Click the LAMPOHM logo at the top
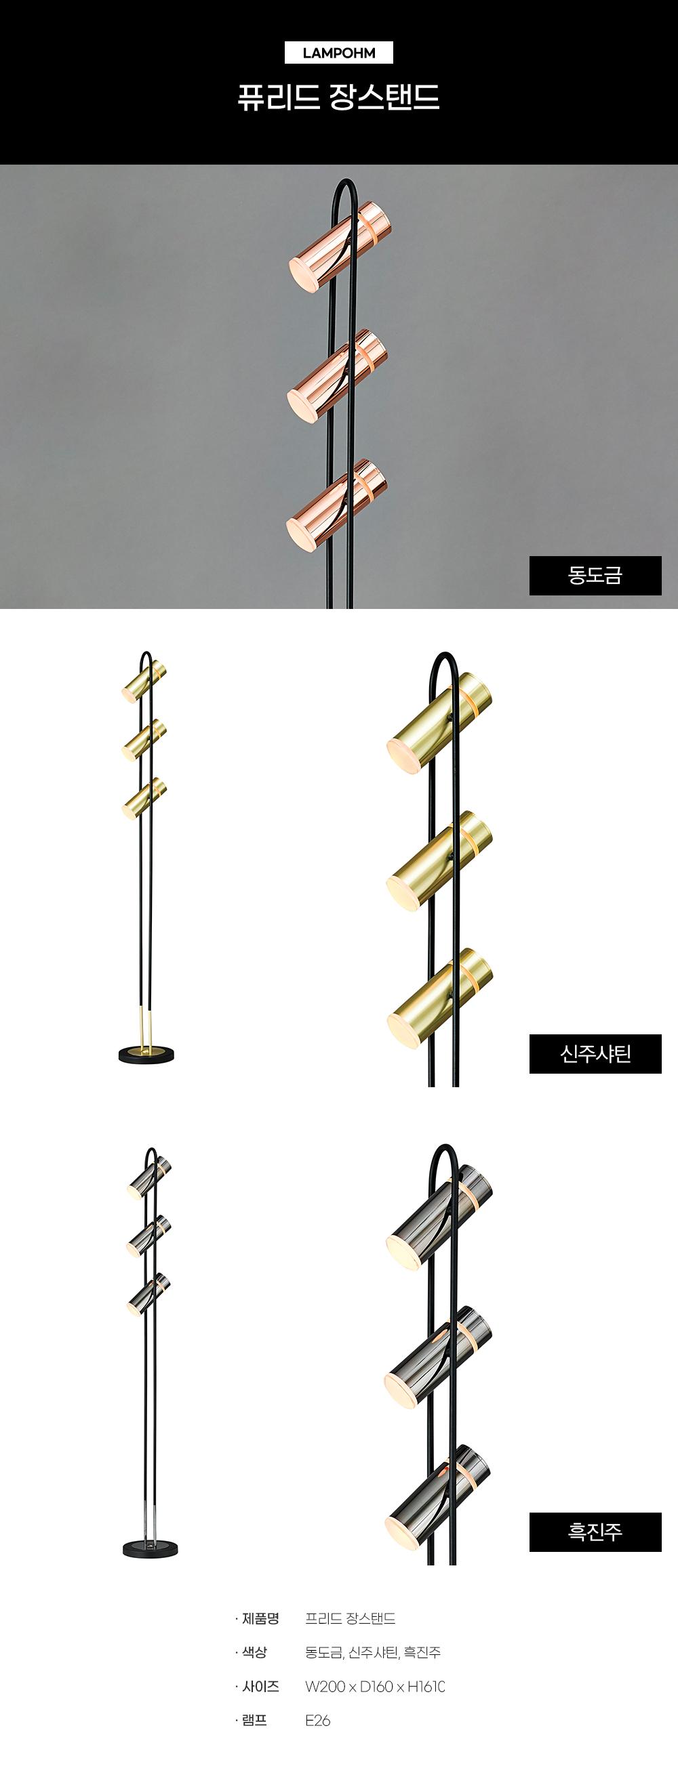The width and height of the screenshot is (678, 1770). (x=339, y=53)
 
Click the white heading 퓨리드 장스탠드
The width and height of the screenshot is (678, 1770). (x=338, y=97)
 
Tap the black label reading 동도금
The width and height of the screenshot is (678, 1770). (x=595, y=575)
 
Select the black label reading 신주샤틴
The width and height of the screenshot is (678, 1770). (x=595, y=1053)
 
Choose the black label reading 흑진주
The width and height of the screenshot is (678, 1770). (x=595, y=1532)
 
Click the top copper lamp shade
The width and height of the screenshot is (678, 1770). (x=340, y=247)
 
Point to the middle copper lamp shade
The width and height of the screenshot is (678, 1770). (x=338, y=376)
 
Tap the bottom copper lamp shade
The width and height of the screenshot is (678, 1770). (x=336, y=505)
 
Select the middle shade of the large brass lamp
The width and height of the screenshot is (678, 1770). (x=439, y=861)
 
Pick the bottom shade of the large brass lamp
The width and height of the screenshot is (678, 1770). (x=440, y=998)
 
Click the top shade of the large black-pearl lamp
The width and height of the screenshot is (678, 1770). (x=439, y=1217)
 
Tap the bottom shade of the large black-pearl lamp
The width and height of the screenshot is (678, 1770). (x=438, y=1498)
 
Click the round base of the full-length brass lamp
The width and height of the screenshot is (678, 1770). (x=146, y=1054)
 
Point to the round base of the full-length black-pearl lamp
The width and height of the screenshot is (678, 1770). (x=151, y=1548)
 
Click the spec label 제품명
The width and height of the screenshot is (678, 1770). (x=260, y=1618)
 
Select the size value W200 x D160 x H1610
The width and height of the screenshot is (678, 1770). (x=376, y=1686)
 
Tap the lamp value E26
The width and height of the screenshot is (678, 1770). (x=318, y=1720)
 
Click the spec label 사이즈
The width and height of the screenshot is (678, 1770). (x=260, y=1686)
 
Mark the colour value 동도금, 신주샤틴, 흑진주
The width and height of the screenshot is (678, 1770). (x=374, y=1653)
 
